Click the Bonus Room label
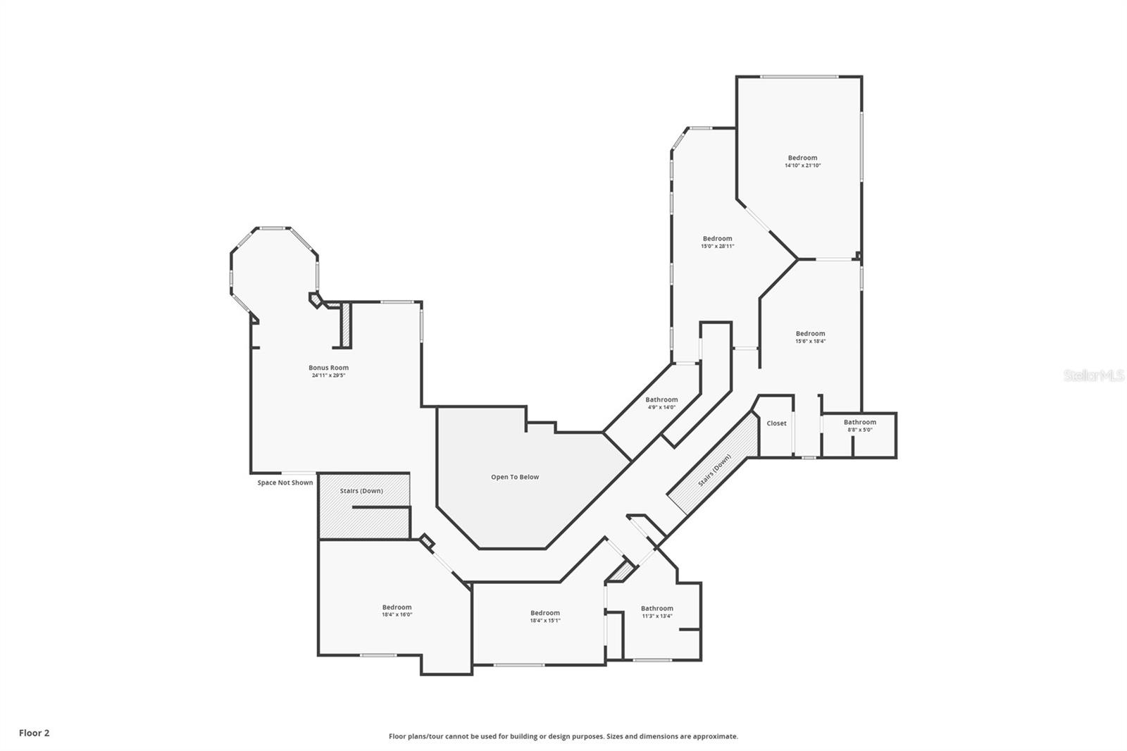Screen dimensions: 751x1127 (328, 368)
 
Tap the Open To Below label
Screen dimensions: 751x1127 (515, 477)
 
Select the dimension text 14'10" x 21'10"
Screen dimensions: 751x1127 (802, 166)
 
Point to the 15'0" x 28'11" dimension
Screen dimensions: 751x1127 (717, 247)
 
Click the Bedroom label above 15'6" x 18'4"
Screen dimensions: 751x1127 (810, 333)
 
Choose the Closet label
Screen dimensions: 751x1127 (776, 423)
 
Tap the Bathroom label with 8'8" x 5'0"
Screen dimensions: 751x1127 (859, 422)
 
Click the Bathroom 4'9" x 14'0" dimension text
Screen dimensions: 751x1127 (661, 407)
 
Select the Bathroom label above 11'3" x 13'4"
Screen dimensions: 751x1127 (656, 608)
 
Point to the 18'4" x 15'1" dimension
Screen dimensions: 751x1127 (544, 621)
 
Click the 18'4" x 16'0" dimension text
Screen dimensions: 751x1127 (397, 615)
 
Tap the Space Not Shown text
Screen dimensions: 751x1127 (285, 483)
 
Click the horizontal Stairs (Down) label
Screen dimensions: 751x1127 (361, 490)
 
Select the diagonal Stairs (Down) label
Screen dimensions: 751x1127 (714, 471)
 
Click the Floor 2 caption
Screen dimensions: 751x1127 (34, 733)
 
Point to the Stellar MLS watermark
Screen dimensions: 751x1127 (1093, 376)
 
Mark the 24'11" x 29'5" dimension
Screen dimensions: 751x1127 (328, 375)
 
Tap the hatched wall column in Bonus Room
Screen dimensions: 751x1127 (346, 325)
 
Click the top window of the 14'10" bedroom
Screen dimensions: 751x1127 (799, 77)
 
